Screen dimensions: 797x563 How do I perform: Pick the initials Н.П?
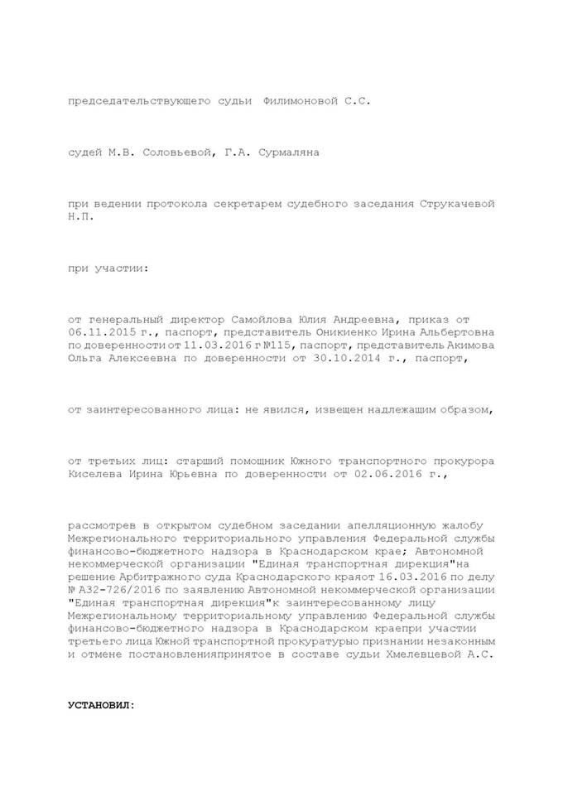tap(81, 215)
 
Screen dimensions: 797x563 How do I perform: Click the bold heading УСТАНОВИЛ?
tap(101, 706)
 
